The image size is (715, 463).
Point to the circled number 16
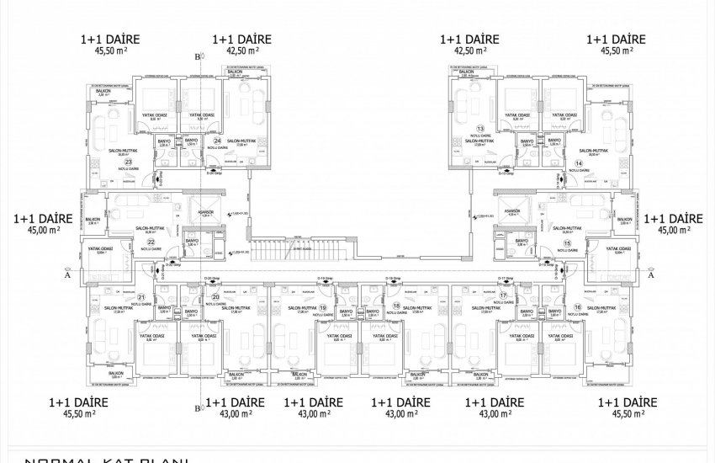pyautogui.click(x=577, y=309)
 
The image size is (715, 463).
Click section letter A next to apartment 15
pyautogui.click(x=650, y=273)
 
